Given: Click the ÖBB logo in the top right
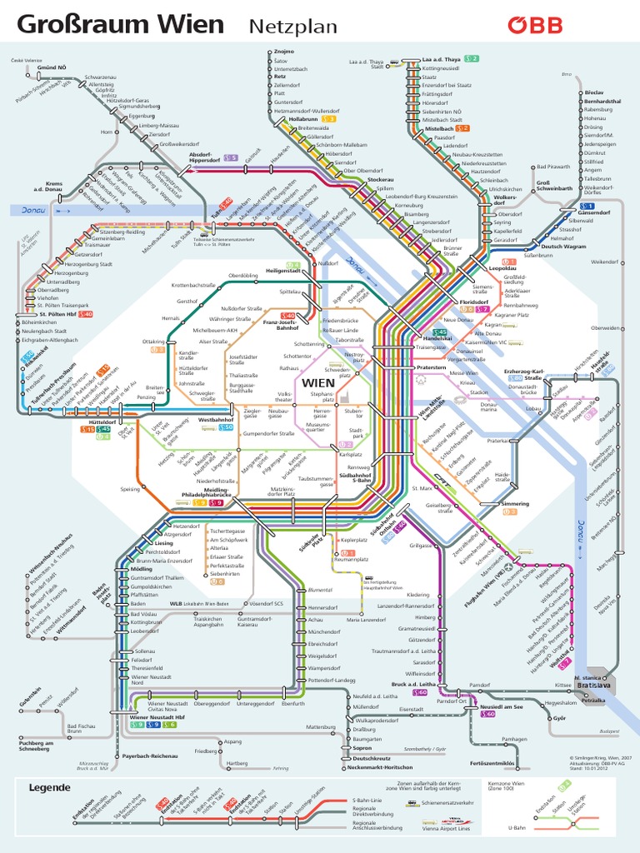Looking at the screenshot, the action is coord(536,25).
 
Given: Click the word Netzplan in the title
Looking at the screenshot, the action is coord(293,27).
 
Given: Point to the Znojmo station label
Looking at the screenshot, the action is coord(284,52).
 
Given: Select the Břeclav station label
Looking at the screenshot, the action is coord(594,92).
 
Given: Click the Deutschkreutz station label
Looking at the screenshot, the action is coord(372,758).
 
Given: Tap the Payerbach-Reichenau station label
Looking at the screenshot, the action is coord(150,756).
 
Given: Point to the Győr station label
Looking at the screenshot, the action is coord(559,716).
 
